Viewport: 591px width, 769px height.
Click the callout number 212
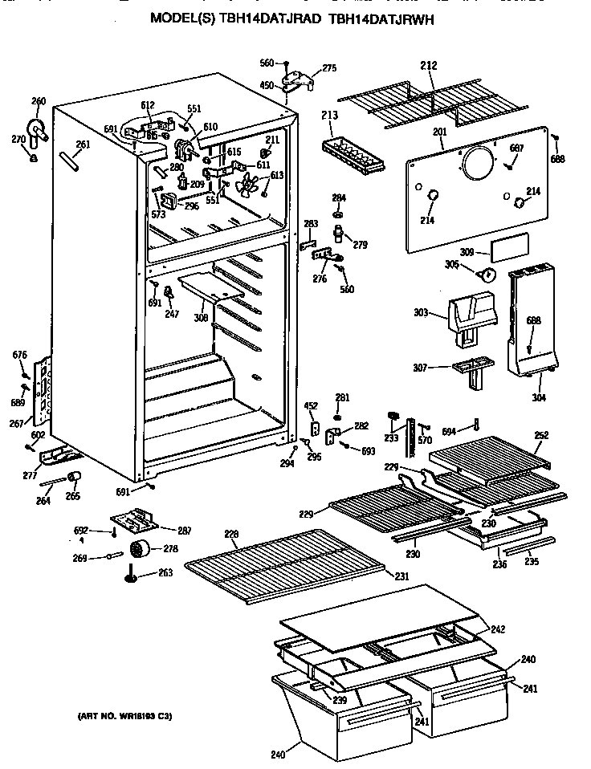pyautogui.click(x=428, y=66)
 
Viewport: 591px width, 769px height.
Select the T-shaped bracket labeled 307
pyautogui.click(x=469, y=372)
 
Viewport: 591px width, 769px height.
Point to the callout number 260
pyautogui.click(x=38, y=101)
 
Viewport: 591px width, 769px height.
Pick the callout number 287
pyautogui.click(x=183, y=530)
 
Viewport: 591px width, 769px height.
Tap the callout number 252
pyautogui.click(x=541, y=435)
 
